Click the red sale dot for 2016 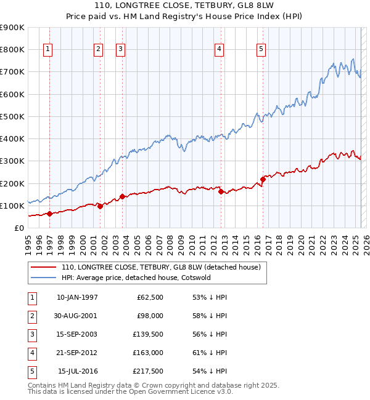pos(263,179)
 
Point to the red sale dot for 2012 pos(221,191)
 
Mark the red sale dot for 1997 pos(50,214)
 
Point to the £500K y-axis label pos(12,116)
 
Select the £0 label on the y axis pos(19,228)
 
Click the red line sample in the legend pos(43,267)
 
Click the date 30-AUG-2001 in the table pos(76,316)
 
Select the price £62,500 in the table pos(150,297)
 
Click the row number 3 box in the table pos(31,334)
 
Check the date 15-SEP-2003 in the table pos(76,334)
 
